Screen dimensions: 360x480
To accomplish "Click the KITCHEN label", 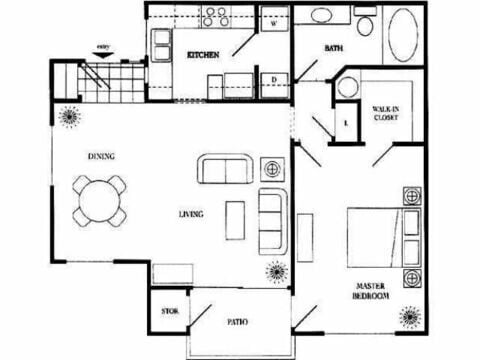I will (203, 55).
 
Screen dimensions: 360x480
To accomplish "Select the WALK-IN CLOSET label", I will (385, 113).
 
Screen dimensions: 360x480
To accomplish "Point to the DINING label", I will (100, 156).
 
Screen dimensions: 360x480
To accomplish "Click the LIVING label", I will (192, 213).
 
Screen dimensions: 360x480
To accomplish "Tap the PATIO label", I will (237, 322).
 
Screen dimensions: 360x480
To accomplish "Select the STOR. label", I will (169, 312).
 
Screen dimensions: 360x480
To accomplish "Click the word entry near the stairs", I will (102, 46).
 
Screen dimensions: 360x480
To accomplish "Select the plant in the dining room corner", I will (70, 116).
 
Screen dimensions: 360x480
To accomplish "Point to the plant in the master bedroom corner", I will (410, 319).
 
